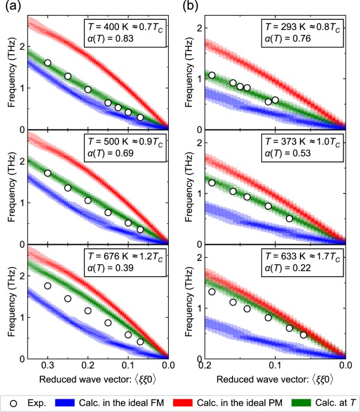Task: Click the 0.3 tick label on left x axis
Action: [x=47, y=364]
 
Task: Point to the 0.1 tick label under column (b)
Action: [x=275, y=364]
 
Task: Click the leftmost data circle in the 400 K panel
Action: [x=47, y=63]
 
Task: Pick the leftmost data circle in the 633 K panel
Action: [x=211, y=292]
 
